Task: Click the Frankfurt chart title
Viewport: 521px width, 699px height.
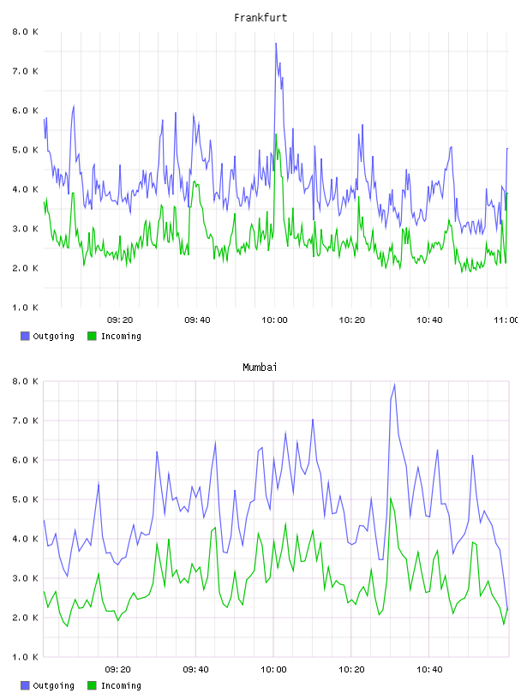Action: pyautogui.click(x=260, y=18)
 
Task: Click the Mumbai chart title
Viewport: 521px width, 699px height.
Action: pyautogui.click(x=260, y=367)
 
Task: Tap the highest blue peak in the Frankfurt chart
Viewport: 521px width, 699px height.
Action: pyautogui.click(x=276, y=44)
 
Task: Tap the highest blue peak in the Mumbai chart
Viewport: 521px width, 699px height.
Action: pyautogui.click(x=394, y=385)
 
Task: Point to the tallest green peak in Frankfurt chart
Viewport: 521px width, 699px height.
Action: pyautogui.click(x=276, y=134)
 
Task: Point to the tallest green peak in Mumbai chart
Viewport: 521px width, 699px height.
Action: pyautogui.click(x=391, y=499)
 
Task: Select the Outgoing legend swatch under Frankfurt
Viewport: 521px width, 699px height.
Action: pyautogui.click(x=25, y=336)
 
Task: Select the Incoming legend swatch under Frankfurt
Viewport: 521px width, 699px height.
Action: pyautogui.click(x=92, y=336)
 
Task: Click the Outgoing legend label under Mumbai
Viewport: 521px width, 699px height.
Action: pyautogui.click(x=53, y=685)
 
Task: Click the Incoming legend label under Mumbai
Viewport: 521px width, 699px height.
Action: pyautogui.click(x=121, y=685)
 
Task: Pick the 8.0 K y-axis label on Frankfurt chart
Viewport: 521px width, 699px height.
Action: pyautogui.click(x=26, y=32)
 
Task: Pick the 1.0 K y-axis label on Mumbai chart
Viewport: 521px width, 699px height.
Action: pyautogui.click(x=26, y=657)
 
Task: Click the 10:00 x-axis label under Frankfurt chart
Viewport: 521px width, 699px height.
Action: pyautogui.click(x=274, y=320)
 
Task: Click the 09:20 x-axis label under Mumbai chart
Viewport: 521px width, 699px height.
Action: pyautogui.click(x=117, y=670)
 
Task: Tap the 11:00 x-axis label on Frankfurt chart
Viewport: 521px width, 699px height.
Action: pyautogui.click(x=506, y=320)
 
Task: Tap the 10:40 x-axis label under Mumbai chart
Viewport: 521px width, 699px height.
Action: pyautogui.click(x=429, y=670)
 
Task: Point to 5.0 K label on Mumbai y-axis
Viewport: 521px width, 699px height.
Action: pyautogui.click(x=26, y=499)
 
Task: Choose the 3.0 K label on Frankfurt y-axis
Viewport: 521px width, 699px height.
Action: pyautogui.click(x=26, y=229)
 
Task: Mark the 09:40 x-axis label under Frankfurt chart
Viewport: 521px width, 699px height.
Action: pyautogui.click(x=197, y=320)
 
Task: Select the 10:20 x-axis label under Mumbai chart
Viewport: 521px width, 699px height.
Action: pyautogui.click(x=351, y=670)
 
